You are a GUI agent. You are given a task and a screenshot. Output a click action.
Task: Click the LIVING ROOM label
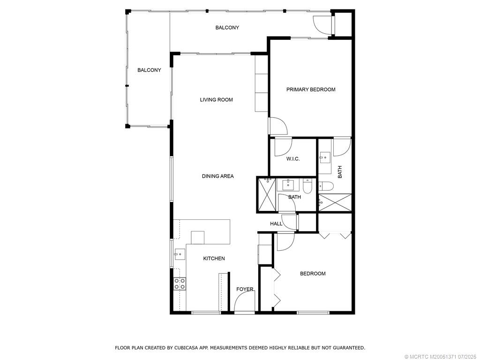pos(216,100)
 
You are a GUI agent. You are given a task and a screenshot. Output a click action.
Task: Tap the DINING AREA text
pos(217,176)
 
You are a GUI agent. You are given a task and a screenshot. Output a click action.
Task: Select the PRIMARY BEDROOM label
pos(311,90)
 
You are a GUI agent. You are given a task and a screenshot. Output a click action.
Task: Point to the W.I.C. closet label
pos(293,159)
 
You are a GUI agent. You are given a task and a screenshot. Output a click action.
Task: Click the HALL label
pos(276,224)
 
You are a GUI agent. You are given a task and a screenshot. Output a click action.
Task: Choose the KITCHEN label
pos(214,259)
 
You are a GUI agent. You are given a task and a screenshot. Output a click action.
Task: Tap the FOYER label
pos(245,289)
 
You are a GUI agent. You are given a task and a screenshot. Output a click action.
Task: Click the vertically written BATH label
pos(340,172)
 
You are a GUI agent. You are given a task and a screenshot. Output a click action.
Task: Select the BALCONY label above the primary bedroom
pos(227,28)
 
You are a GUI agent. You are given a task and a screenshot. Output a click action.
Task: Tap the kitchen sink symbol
pos(179,254)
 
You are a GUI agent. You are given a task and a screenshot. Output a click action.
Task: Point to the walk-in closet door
pos(283,147)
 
